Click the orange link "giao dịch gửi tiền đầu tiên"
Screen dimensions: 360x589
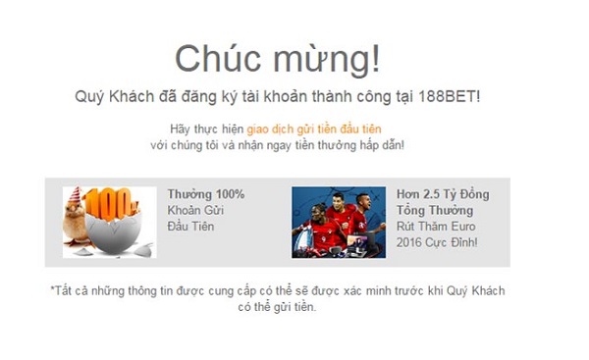tap(313, 129)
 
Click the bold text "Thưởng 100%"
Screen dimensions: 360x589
tap(205, 194)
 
